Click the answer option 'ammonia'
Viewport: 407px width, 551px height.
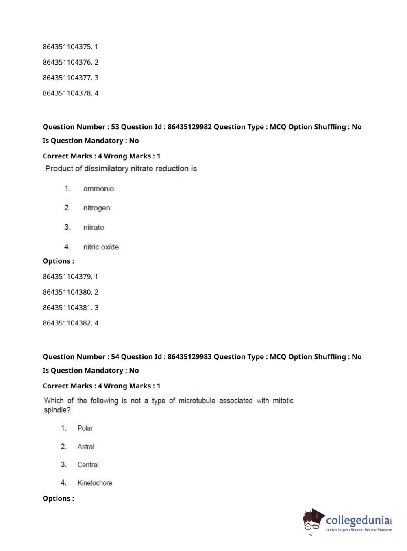click(98, 189)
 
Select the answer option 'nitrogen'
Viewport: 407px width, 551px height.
click(96, 208)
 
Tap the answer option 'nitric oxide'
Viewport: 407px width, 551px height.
click(101, 247)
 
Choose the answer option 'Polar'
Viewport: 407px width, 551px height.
click(85, 428)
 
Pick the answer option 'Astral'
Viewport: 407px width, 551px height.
click(86, 447)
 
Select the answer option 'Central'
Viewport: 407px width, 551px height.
click(88, 465)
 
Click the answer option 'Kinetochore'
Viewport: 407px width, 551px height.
click(95, 483)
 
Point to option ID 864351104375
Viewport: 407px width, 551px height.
click(67, 47)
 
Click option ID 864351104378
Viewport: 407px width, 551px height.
click(67, 93)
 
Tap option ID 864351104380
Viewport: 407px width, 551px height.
click(67, 292)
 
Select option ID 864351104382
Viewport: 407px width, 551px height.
click(67, 323)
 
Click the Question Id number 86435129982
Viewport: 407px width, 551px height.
click(189, 127)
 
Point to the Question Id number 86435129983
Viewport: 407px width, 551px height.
click(189, 357)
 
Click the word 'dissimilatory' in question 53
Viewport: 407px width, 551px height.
click(106, 169)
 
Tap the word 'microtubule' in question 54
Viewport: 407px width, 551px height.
click(197, 401)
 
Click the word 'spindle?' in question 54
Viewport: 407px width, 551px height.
click(57, 410)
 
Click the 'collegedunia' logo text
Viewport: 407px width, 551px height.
click(357, 520)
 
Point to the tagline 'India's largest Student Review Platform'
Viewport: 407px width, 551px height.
click(359, 530)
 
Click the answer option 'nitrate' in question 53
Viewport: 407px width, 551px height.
click(94, 228)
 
